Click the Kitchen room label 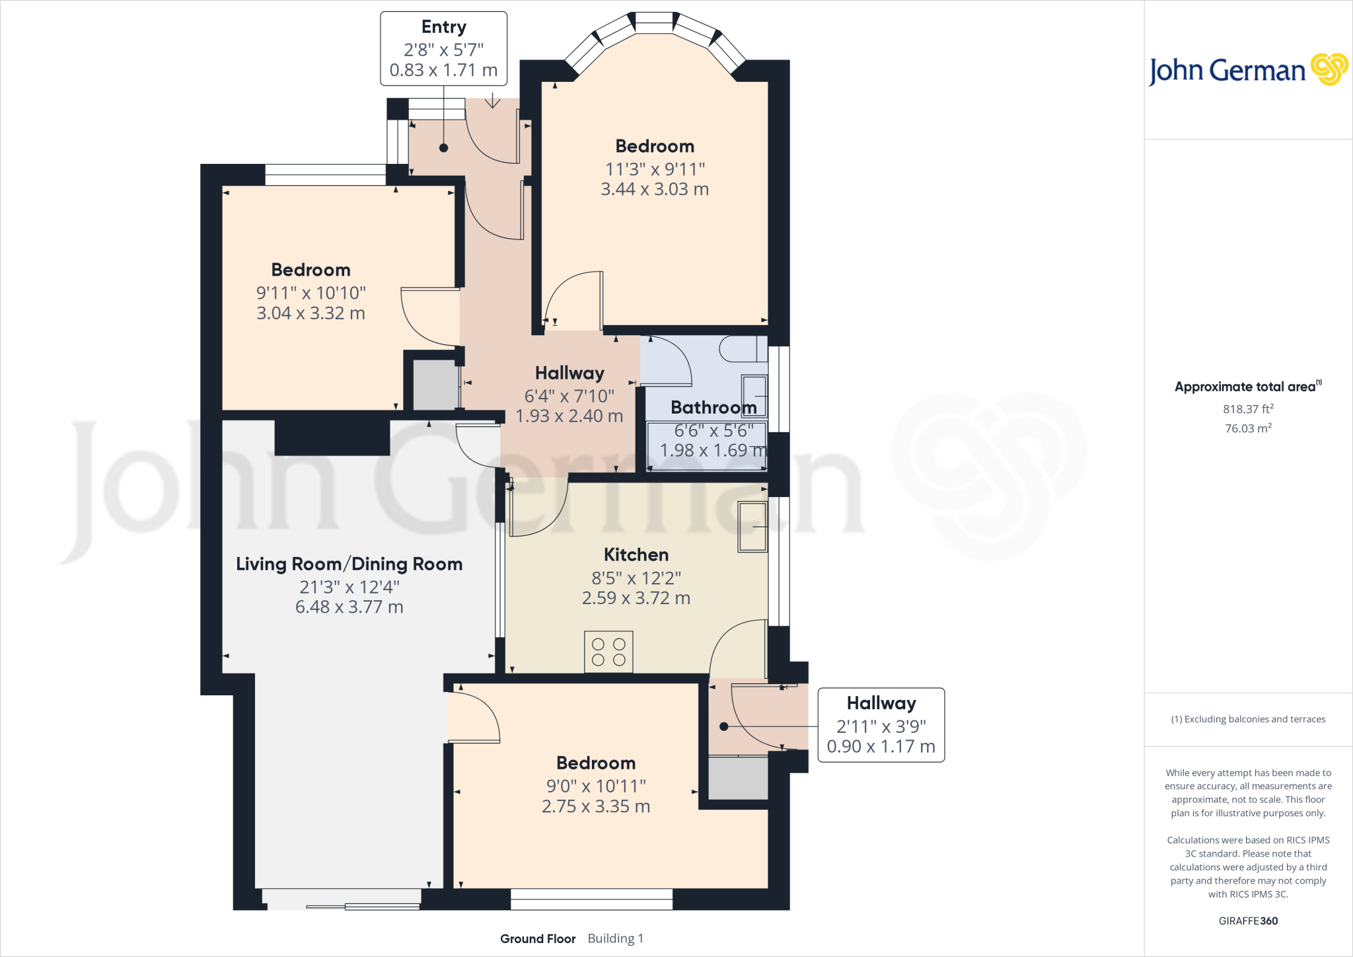pos(636,555)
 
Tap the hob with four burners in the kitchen pos(608,652)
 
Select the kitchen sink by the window pos(752,527)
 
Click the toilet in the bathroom pos(743,349)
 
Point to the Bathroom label pos(713,408)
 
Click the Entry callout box pos(443,48)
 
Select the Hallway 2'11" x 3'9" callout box pos(881,725)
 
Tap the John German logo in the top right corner pos(1247,70)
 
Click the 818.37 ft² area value pos(1248,409)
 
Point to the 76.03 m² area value pos(1248,428)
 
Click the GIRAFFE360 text pos(1248,921)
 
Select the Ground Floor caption pos(538,938)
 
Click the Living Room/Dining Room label pos(349,564)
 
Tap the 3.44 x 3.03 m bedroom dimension pos(654,189)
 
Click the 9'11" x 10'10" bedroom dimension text pos(311,293)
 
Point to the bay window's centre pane pos(654,22)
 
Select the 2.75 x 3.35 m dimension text pos(595,806)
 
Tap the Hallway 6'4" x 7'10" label pos(569,373)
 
